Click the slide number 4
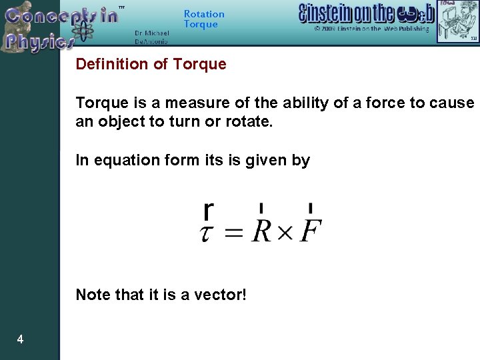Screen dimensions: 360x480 tap(20, 340)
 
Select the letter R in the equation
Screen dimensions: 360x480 tap(261, 231)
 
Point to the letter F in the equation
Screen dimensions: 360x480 tap(309, 231)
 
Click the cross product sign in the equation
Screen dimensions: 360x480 tap(285, 233)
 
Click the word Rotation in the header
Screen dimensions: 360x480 tap(204, 14)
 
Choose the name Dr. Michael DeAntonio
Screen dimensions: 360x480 tap(151, 37)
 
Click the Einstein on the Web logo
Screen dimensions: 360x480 tap(367, 13)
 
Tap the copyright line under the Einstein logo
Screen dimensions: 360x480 tap(372, 29)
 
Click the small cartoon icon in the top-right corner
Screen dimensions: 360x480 tap(457, 21)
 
